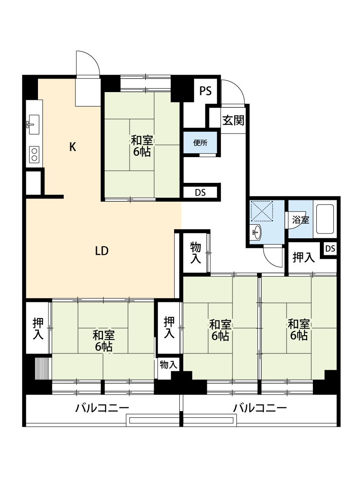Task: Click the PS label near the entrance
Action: coord(206,91)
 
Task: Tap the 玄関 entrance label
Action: coord(233,120)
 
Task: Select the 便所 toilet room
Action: coord(200,143)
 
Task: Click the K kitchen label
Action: coord(72,147)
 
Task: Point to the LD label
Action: coord(102,251)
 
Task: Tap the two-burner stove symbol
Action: coord(34,155)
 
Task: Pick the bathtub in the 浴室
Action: coord(325,219)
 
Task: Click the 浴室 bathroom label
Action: coord(301,220)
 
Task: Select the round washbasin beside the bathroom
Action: coord(257,232)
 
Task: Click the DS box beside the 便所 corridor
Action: coord(200,192)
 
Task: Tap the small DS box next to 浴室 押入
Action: coord(330,249)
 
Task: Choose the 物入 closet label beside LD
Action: coord(195,253)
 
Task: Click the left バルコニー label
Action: coord(102,408)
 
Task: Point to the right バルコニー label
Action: coord(260,408)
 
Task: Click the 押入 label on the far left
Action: coord(38,329)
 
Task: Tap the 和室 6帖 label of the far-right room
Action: coord(298,330)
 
